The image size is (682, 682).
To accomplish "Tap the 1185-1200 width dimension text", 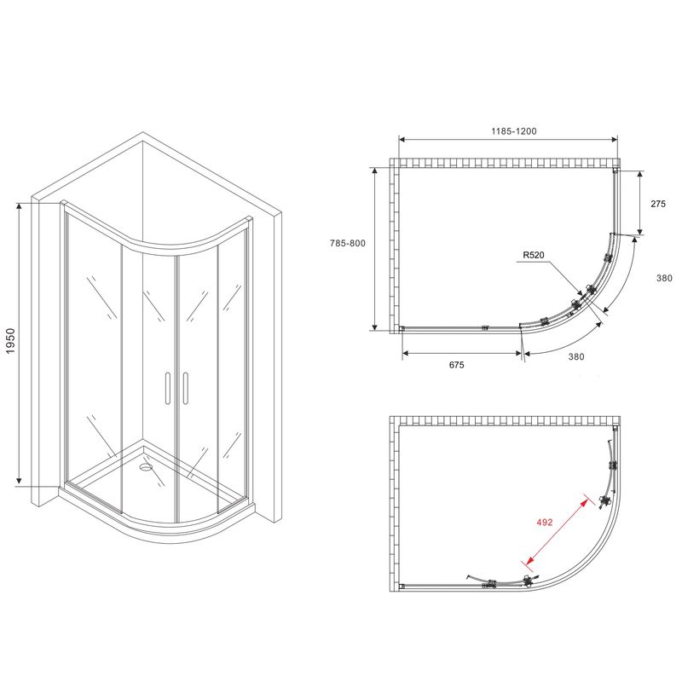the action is (514, 131).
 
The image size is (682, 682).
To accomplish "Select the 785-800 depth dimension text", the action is (348, 244).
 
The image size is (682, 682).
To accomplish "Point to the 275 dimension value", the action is (658, 204).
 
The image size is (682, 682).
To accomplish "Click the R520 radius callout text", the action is (534, 255).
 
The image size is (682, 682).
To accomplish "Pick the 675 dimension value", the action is (456, 365).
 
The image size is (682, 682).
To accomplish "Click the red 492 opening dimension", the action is (544, 522).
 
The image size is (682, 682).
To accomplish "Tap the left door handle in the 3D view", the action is (166, 389).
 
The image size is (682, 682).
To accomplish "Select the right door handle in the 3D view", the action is (186, 389).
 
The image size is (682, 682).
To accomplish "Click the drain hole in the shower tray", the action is (145, 467).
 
